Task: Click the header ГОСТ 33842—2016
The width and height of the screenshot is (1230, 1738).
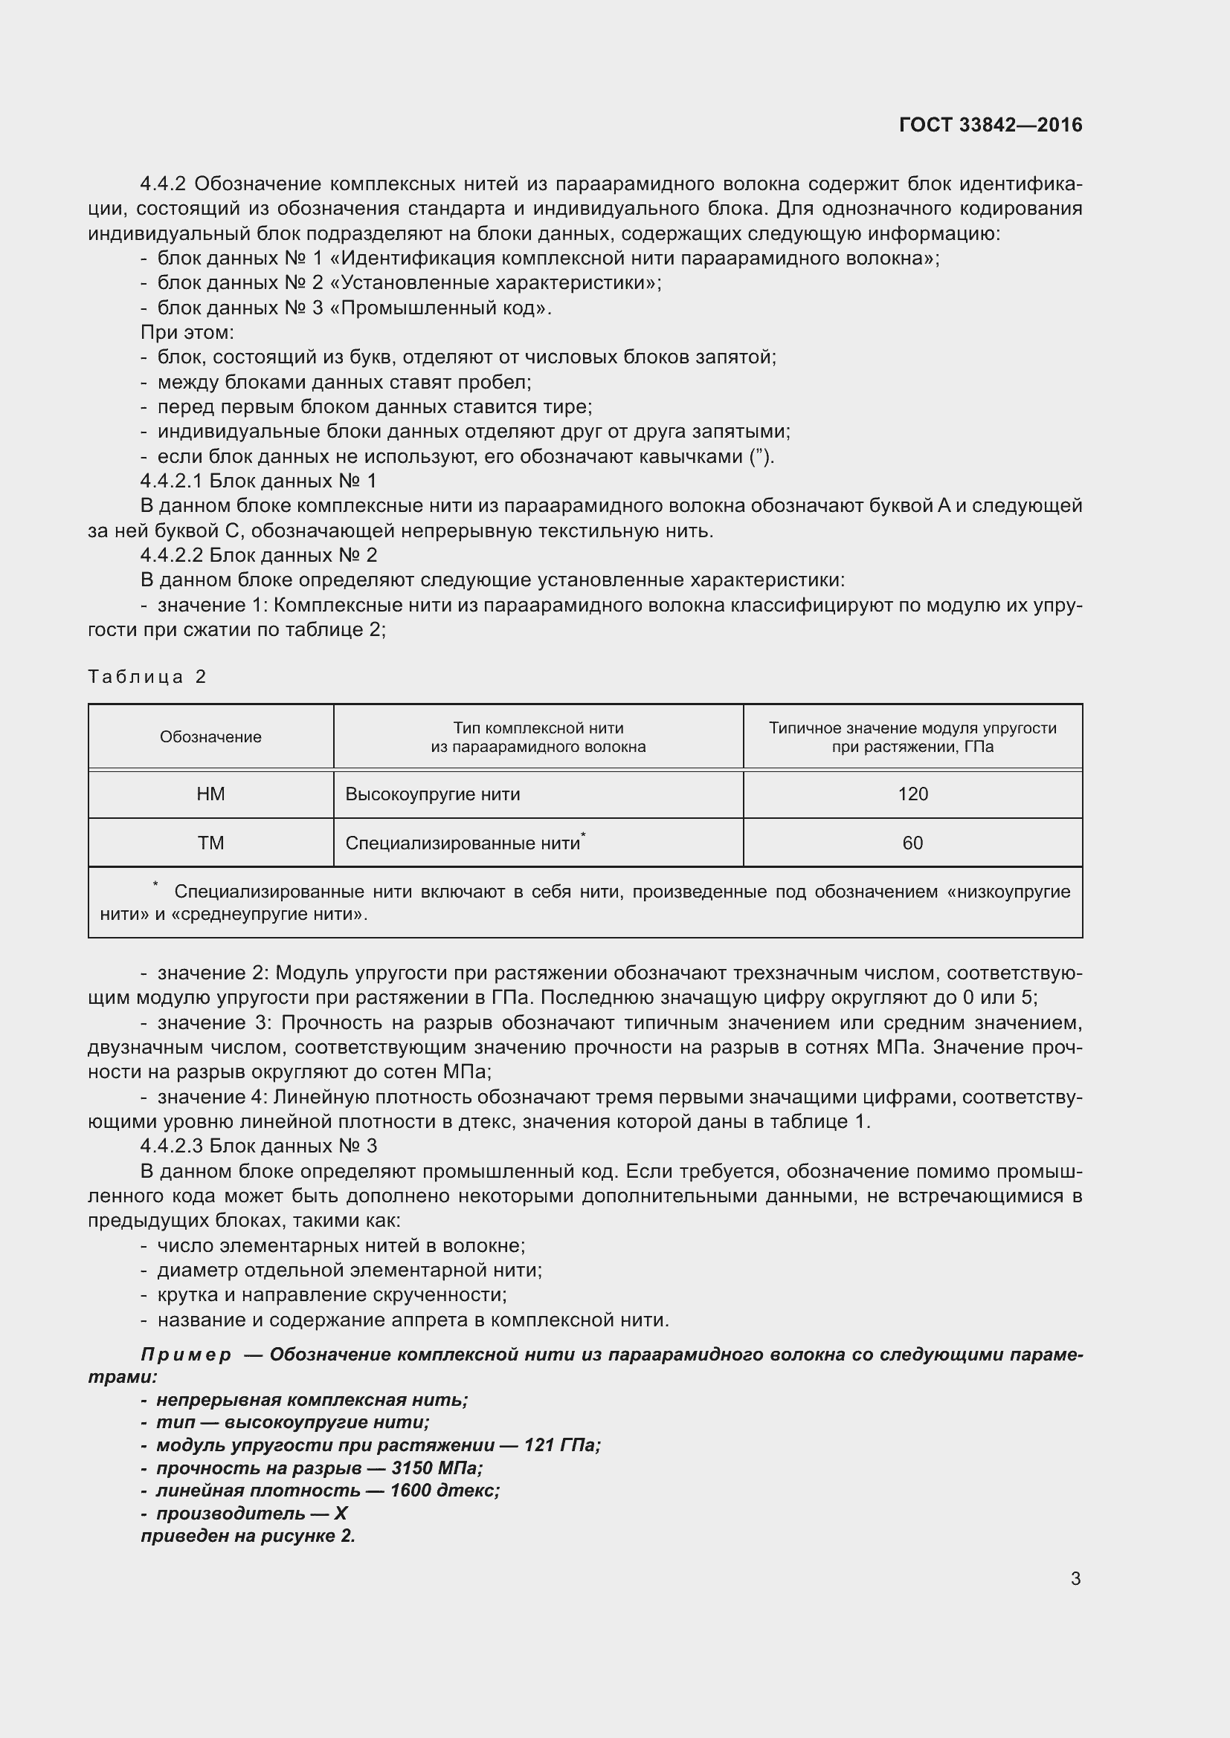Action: pos(990,125)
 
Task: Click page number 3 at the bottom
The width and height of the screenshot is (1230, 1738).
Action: pos(1075,1578)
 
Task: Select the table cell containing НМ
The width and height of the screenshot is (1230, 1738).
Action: pos(210,794)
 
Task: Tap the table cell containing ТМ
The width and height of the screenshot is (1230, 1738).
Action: pos(210,843)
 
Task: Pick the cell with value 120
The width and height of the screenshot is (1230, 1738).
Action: pos(912,794)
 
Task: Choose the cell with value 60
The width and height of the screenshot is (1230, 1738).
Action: pos(912,843)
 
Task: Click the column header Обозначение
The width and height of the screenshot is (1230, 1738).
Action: pos(210,736)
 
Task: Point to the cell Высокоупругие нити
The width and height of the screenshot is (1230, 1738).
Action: pos(433,794)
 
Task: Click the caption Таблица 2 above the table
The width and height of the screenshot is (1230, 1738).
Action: pos(147,676)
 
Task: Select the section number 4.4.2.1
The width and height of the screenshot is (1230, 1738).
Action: pos(172,481)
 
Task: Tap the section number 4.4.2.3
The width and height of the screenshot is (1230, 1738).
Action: pos(172,1146)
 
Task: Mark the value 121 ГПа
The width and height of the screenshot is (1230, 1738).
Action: pos(561,1445)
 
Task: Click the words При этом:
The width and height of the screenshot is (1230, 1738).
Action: pos(187,331)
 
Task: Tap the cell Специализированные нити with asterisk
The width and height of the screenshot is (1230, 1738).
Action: pos(464,843)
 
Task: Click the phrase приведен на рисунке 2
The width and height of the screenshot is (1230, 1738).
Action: pos(248,1536)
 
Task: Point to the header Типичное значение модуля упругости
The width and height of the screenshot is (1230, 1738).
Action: pos(912,727)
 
